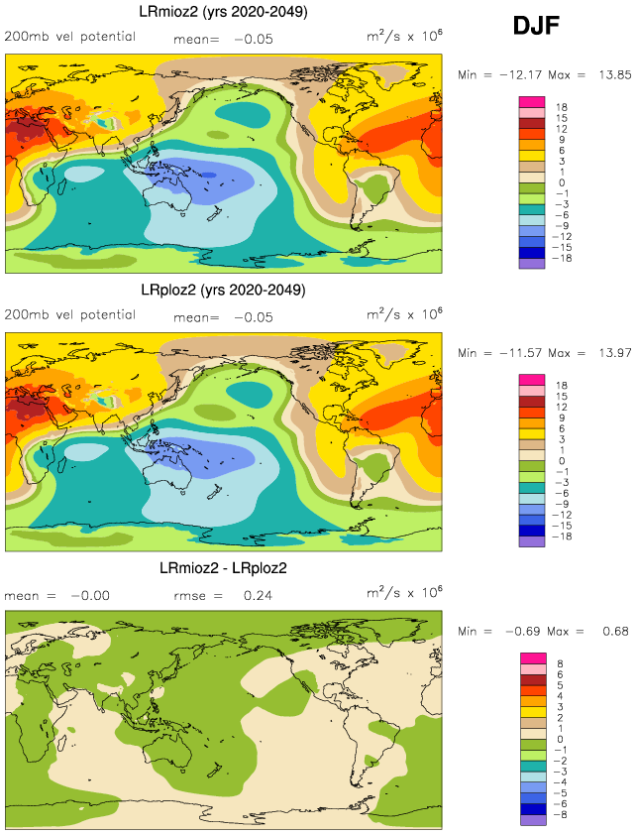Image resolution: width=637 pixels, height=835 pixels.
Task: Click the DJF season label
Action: pos(536,26)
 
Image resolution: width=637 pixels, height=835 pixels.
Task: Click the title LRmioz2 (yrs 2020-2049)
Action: pos(223,12)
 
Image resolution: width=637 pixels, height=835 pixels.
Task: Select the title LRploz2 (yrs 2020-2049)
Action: pos(223,291)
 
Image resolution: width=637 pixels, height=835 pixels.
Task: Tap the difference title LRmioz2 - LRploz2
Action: pos(224,568)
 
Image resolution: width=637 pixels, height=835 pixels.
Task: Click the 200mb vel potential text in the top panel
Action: pos(69,40)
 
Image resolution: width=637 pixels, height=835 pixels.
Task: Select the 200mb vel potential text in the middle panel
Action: pos(69,315)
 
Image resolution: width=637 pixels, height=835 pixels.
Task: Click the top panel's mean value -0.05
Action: pos(253,40)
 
